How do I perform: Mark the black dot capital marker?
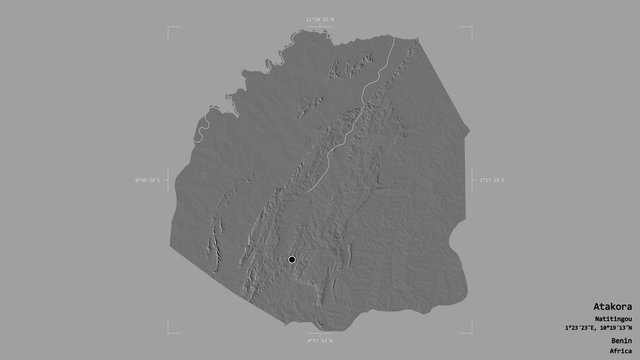tap(291, 260)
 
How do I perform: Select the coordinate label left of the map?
tap(147, 180)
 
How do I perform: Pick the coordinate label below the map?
tap(320, 341)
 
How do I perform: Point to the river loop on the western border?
tap(200, 127)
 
